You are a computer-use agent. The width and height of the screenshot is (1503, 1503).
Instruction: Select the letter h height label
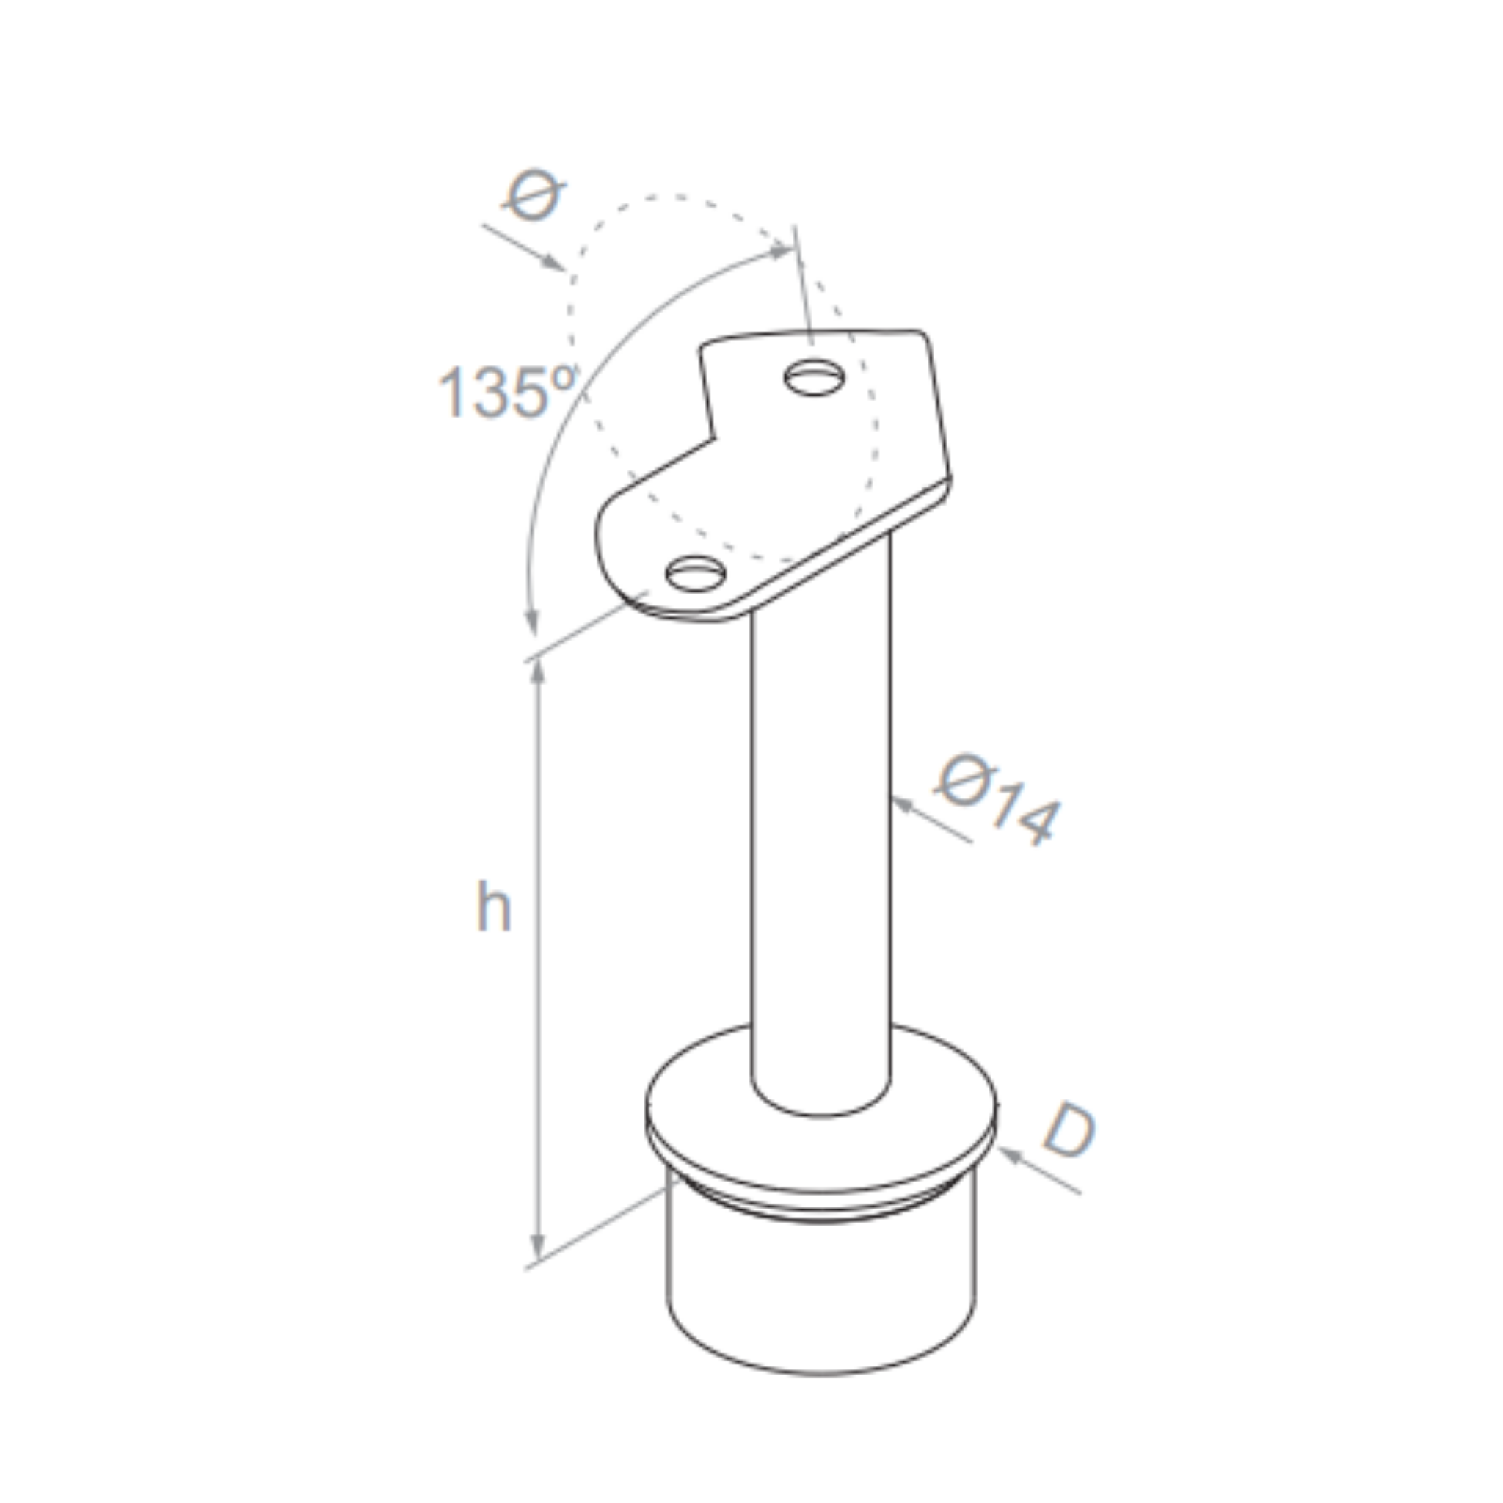pyautogui.click(x=493, y=906)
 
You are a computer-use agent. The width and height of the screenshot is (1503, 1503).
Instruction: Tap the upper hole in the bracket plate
pyautogui.click(x=814, y=378)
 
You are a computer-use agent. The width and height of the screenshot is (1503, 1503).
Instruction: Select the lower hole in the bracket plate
pyautogui.click(x=696, y=575)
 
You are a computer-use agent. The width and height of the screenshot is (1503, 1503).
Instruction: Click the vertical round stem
pyautogui.click(x=820, y=817)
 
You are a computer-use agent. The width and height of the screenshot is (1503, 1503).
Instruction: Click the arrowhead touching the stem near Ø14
pyautogui.click(x=902, y=804)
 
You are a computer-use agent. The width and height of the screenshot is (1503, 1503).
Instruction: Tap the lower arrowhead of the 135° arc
pyautogui.click(x=532, y=622)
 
